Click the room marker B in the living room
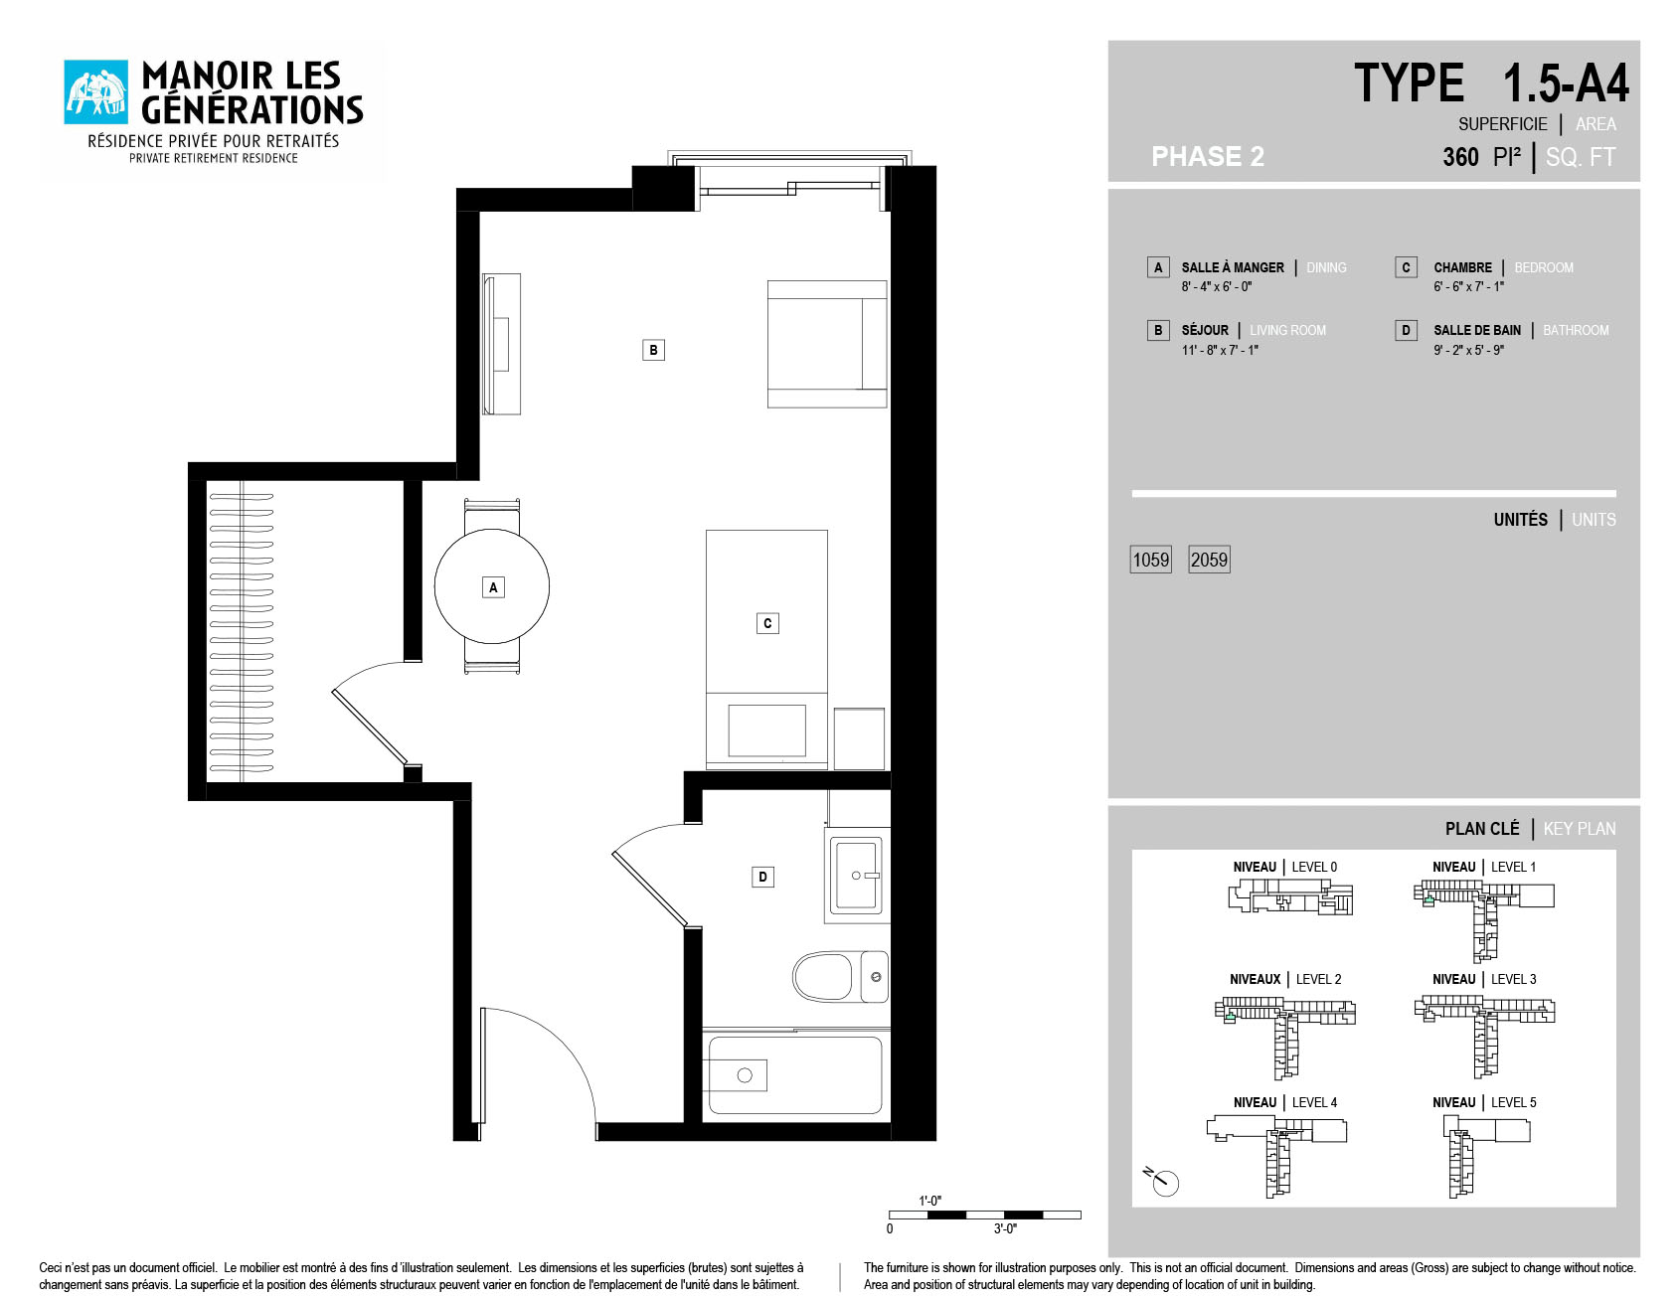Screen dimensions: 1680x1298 point(653,350)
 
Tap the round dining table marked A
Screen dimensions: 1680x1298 point(492,586)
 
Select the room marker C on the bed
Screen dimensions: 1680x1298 point(766,623)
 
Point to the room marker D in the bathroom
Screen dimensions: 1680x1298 point(762,877)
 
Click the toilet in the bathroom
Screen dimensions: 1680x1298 point(840,977)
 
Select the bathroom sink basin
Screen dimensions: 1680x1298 point(856,875)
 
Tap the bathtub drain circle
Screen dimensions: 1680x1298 point(745,1075)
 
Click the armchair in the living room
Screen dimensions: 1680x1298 point(826,344)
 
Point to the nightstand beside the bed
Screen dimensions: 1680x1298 point(859,738)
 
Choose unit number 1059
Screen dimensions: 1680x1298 point(1151,560)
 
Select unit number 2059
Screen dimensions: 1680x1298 point(1210,560)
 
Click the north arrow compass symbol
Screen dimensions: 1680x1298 point(1162,1181)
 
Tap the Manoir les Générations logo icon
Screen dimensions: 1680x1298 point(96,92)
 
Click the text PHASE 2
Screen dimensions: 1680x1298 point(1208,157)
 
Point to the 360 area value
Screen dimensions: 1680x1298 point(1460,157)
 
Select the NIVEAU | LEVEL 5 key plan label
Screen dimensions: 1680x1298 point(1484,1102)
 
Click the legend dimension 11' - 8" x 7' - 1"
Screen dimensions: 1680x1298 point(1220,350)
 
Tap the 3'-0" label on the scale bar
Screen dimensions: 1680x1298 point(1005,1229)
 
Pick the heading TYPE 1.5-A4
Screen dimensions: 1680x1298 point(1491,83)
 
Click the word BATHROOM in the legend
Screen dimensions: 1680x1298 point(1576,330)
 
